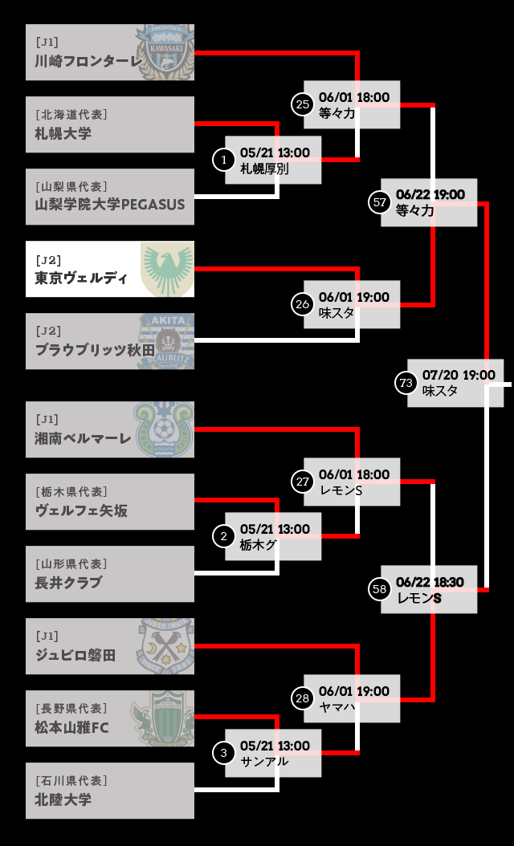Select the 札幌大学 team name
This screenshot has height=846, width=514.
click(63, 133)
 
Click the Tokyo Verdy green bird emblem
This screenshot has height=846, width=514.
click(166, 270)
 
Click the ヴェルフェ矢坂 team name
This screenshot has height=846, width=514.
click(81, 510)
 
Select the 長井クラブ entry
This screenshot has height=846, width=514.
click(69, 583)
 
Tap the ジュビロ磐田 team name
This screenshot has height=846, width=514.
click(75, 655)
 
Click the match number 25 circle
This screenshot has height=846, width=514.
click(302, 104)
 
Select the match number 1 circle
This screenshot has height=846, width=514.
click(223, 160)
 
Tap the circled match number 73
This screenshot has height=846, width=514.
click(406, 383)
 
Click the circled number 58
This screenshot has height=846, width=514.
click(380, 589)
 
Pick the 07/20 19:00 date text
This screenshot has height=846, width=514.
click(459, 375)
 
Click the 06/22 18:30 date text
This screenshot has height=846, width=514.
click(430, 582)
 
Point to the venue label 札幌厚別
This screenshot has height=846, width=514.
click(264, 169)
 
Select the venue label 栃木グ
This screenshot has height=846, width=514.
click(259, 544)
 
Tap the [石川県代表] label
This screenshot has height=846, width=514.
click(71, 780)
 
